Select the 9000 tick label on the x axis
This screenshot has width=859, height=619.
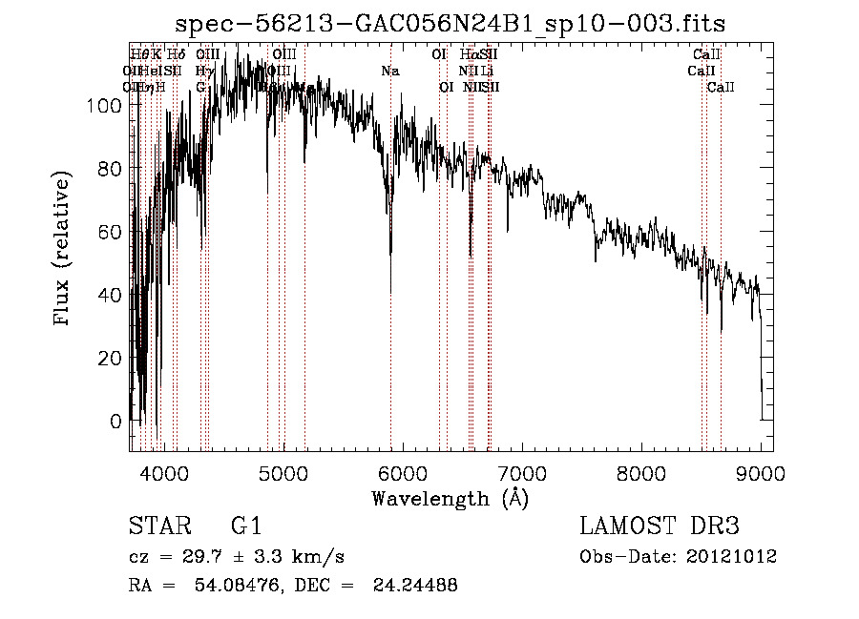coord(761,472)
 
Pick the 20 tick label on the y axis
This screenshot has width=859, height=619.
coord(110,358)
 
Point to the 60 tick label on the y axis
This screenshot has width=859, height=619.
coord(110,232)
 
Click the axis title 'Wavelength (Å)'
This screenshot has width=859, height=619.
coord(450,497)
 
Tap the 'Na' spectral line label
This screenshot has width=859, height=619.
coord(389,71)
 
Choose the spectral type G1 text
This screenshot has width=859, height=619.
coord(245,526)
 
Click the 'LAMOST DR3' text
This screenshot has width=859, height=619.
coord(660,526)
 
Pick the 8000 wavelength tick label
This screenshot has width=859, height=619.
coord(641,472)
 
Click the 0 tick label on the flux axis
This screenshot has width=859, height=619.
coord(116,421)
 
